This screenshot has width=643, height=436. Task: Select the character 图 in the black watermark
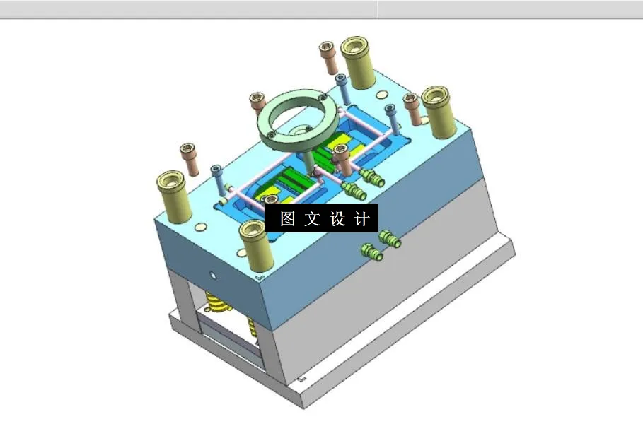tap(287, 219)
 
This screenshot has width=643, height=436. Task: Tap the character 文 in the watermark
tap(312, 219)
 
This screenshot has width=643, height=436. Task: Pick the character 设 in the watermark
tap(337, 219)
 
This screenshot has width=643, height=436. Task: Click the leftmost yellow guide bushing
tap(172, 196)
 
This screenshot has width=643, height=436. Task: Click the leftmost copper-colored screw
tap(187, 160)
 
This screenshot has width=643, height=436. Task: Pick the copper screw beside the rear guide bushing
tap(327, 57)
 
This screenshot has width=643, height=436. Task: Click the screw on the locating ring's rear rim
tap(322, 98)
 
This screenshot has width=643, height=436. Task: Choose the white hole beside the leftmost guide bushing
tap(200, 227)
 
